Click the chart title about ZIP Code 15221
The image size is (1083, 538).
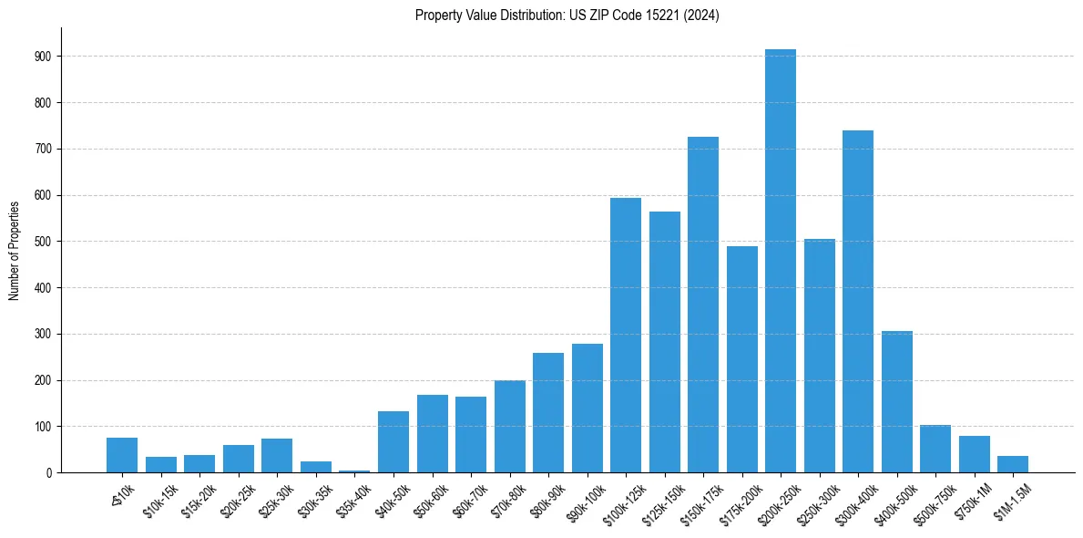pyautogui.click(x=567, y=16)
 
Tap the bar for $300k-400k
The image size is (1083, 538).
pyautogui.click(x=858, y=301)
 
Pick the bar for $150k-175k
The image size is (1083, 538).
pyautogui.click(x=703, y=305)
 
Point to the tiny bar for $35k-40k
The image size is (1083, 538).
pyautogui.click(x=354, y=471)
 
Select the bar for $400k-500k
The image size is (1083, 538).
pyautogui.click(x=897, y=401)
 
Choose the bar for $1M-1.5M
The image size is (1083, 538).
pyautogui.click(x=1013, y=464)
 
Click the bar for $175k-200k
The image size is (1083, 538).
pyautogui.click(x=741, y=359)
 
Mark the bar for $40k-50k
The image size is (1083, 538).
pyautogui.click(x=393, y=442)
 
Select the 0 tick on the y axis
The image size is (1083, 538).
pyautogui.click(x=47, y=472)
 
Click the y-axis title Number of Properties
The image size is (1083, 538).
pyautogui.click(x=15, y=250)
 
